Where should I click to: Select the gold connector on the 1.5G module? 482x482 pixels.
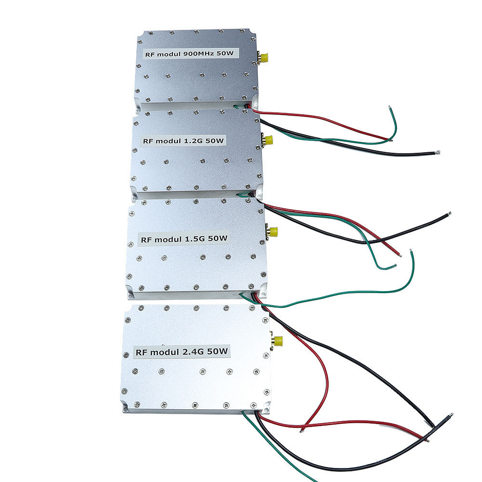tap(273, 232)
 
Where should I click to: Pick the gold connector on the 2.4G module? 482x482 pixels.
tap(277, 342)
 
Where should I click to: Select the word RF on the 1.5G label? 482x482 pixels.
tap(146, 240)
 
